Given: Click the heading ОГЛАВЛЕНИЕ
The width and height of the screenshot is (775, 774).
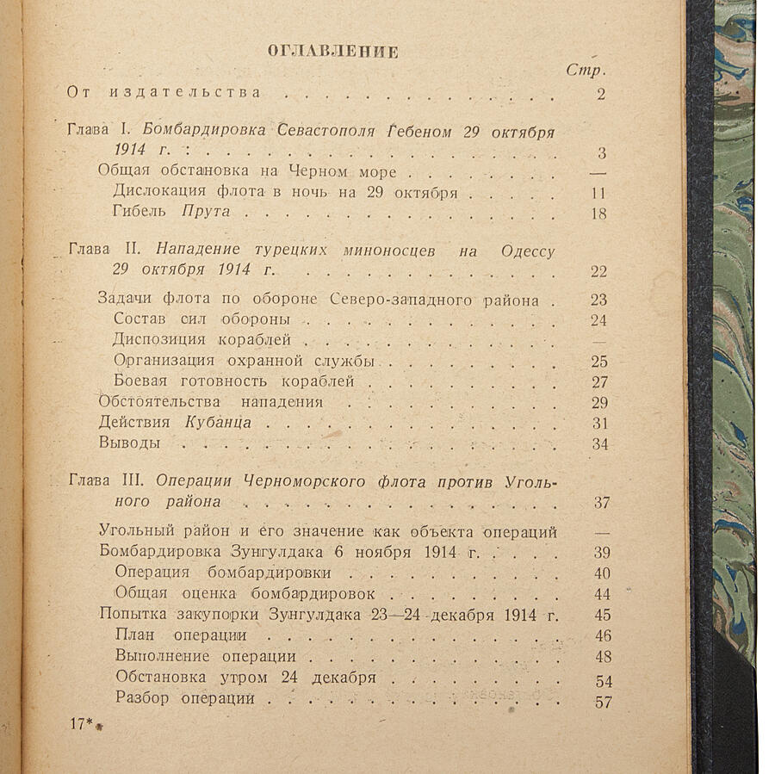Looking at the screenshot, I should (332, 51).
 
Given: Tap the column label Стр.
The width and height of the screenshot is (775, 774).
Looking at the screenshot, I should (586, 70).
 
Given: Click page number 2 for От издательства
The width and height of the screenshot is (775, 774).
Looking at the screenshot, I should (601, 94).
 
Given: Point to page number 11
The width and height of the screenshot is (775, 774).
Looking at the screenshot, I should (599, 193).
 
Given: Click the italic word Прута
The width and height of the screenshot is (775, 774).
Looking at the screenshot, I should (206, 213).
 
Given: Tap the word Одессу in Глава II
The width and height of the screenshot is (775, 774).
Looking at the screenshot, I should (527, 251).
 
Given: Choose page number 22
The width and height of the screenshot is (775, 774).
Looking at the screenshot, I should (599, 272).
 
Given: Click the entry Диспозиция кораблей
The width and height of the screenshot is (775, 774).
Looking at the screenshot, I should (201, 340).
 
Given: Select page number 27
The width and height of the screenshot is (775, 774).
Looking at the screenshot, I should (599, 382).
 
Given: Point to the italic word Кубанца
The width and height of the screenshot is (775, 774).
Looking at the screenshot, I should (218, 423).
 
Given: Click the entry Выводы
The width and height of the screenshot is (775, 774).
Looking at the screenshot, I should (129, 443).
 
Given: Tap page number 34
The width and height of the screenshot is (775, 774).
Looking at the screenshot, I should (599, 444).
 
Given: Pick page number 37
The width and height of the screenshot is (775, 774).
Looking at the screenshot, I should (601, 503).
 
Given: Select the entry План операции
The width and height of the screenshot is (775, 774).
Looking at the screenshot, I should (180, 635).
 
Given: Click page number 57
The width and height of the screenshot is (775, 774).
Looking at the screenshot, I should (603, 702).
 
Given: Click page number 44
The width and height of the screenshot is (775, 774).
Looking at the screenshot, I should (602, 595).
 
